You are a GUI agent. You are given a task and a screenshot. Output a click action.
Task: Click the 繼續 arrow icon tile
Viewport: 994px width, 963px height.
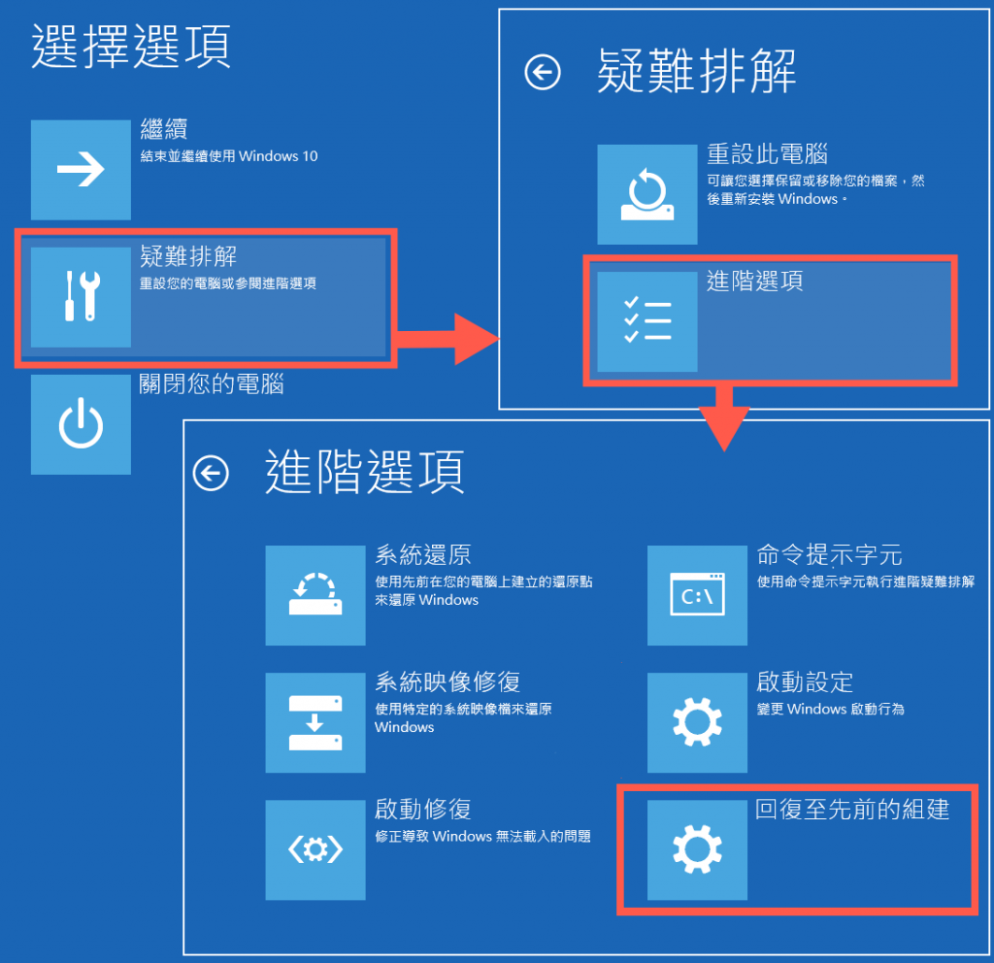[x=81, y=170]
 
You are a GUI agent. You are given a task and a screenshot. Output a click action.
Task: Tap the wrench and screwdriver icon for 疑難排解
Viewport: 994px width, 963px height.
[x=81, y=297]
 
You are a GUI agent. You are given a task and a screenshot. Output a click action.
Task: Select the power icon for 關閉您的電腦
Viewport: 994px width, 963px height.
[x=81, y=424]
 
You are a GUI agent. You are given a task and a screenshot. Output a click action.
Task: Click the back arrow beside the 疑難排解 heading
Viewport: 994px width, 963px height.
[x=543, y=72]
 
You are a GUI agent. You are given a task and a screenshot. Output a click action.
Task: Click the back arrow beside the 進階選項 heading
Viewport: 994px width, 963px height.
[x=211, y=473]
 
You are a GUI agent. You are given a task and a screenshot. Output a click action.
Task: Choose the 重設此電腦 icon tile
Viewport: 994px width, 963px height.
[x=646, y=194]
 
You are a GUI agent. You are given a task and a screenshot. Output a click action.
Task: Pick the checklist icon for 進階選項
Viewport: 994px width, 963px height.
[x=646, y=321]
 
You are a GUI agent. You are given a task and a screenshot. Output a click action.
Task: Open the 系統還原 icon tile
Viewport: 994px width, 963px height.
[x=315, y=595]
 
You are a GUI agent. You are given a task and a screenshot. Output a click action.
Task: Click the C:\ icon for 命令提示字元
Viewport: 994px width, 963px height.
[x=697, y=595]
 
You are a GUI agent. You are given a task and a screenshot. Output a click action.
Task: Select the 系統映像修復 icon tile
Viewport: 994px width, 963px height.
[x=315, y=722]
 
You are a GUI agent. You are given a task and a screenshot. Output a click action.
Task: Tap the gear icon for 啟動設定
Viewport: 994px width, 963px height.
[x=697, y=722]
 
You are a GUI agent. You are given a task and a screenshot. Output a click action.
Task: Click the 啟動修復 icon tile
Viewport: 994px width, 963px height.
[x=315, y=849]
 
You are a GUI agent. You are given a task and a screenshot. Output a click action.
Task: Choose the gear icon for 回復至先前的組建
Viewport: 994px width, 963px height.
[x=697, y=849]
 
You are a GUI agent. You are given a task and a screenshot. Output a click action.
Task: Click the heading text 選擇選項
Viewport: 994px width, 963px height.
[x=131, y=47]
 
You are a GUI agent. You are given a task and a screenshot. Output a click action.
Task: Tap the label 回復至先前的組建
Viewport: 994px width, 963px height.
[x=852, y=810]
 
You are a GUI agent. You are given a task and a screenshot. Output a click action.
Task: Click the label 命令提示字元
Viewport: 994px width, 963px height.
[x=829, y=555]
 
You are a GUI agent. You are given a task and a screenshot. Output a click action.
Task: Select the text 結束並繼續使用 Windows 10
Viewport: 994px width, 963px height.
[x=229, y=155]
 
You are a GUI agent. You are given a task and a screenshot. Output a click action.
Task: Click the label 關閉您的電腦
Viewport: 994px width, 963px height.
[x=212, y=384]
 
